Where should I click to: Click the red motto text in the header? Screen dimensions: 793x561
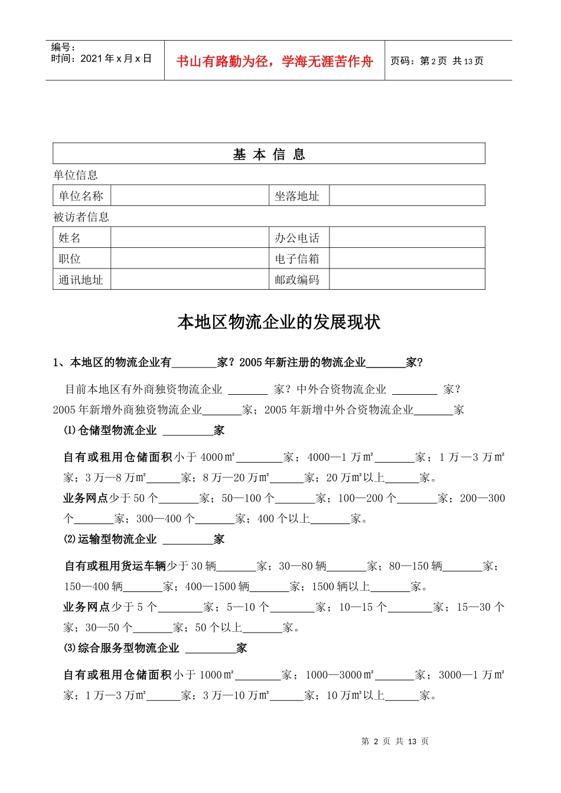(275, 61)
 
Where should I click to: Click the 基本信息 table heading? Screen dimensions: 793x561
(269, 155)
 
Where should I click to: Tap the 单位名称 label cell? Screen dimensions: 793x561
(81, 196)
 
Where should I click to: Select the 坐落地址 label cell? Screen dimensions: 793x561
(297, 196)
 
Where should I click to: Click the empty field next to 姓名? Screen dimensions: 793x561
(190, 238)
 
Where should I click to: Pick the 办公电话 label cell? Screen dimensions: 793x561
(297, 238)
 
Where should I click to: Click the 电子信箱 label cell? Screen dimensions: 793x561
(297, 259)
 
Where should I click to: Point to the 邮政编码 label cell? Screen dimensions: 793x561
(297, 280)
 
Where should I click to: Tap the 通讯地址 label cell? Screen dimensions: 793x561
(81, 280)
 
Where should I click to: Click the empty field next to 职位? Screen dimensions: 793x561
(190, 259)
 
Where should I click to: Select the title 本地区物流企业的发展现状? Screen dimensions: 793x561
(279, 322)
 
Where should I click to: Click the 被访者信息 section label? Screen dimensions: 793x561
(81, 217)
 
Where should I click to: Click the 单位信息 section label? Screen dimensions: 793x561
(76, 175)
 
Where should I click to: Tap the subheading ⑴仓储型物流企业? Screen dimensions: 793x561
(110, 431)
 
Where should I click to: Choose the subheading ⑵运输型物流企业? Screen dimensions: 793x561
(110, 539)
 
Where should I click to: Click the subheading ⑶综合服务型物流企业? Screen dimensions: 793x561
(122, 648)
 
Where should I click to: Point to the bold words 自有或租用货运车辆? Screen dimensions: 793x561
(115, 566)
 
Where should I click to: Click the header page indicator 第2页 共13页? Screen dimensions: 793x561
(437, 61)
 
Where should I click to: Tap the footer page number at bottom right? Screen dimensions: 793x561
(395, 742)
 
